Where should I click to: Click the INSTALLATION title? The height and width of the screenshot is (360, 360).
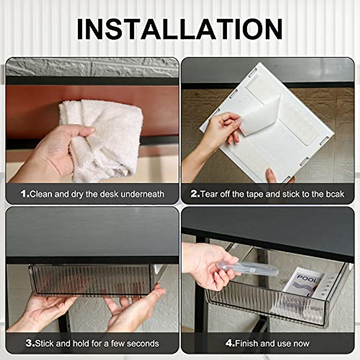[180, 29]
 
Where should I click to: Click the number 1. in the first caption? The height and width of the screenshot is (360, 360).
[25, 194]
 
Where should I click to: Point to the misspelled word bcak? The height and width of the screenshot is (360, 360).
[335, 194]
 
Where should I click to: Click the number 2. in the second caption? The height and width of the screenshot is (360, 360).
[195, 194]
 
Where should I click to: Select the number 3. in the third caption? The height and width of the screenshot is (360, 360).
[30, 343]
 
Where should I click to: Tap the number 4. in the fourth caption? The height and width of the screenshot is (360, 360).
[230, 343]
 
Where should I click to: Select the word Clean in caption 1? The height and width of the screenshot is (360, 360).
[41, 194]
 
